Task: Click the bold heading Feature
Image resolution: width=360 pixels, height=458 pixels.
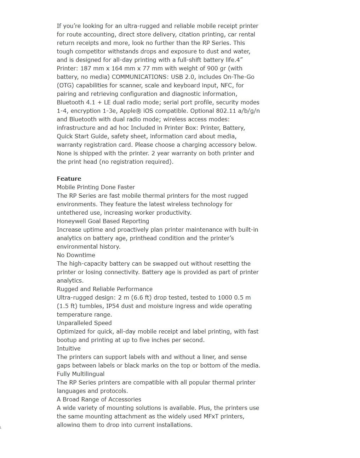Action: click(x=69, y=179)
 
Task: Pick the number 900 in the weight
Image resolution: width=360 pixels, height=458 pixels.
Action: click(x=212, y=68)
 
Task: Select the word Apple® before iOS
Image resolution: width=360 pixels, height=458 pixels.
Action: click(x=130, y=111)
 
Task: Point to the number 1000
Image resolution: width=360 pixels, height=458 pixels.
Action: click(x=225, y=297)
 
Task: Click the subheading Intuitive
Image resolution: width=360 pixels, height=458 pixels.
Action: click(x=69, y=348)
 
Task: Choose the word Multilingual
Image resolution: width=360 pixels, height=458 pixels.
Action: click(x=88, y=374)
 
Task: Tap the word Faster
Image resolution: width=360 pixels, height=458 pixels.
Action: click(x=125, y=187)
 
